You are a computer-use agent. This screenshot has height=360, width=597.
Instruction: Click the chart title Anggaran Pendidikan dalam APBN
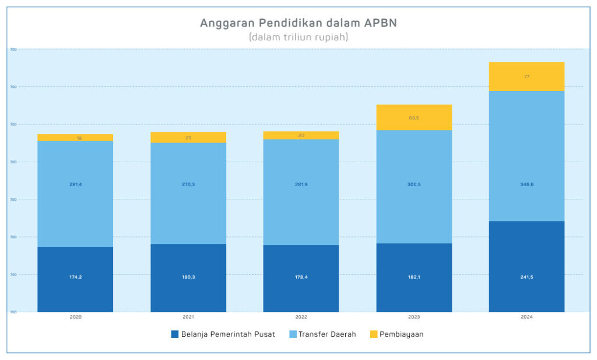pyautogui.click(x=298, y=23)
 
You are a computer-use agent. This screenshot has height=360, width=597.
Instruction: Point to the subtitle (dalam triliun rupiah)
pyautogui.click(x=298, y=37)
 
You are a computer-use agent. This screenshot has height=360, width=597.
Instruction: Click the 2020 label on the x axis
pyautogui.click(x=75, y=317)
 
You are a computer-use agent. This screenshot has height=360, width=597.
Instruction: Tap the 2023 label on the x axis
pyautogui.click(x=414, y=317)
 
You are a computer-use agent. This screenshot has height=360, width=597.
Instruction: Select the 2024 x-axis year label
pyautogui.click(x=526, y=317)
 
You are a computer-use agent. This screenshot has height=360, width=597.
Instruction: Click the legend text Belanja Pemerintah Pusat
pyautogui.click(x=228, y=334)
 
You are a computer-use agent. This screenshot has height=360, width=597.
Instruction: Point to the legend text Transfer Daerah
pyautogui.click(x=327, y=334)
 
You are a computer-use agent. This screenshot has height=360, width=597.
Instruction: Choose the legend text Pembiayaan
pyautogui.click(x=402, y=334)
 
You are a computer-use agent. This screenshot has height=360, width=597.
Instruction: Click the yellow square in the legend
pyautogui.click(x=373, y=334)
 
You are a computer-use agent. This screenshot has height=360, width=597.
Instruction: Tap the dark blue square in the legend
pyautogui.click(x=174, y=334)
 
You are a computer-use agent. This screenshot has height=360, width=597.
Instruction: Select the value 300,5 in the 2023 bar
pyautogui.click(x=414, y=184)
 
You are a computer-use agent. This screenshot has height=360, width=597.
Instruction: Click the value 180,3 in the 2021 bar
pyautogui.click(x=188, y=277)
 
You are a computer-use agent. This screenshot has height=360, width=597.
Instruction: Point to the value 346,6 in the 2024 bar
pyautogui.click(x=526, y=184)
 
